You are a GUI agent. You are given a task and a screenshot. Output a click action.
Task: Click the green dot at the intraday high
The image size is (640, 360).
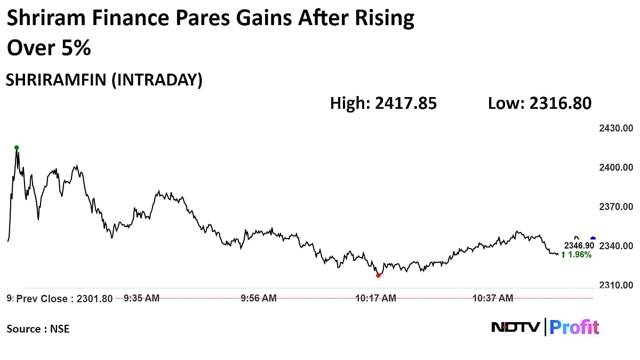click(x=17, y=148)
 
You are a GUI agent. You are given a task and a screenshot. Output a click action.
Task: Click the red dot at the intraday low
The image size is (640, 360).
click(x=378, y=275)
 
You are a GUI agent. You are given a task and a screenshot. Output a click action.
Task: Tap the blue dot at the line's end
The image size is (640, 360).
click(x=593, y=239)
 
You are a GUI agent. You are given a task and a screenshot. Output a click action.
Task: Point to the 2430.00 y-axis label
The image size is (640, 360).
click(x=616, y=129)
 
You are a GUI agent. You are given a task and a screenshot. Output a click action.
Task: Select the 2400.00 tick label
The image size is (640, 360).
click(x=616, y=167)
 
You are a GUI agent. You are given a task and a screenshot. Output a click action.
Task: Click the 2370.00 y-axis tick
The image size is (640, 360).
click(x=616, y=207)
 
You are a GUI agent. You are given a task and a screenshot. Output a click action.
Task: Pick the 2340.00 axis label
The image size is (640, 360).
click(x=616, y=246)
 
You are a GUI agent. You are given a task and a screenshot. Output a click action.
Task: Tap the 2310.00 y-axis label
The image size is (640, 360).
click(x=616, y=285)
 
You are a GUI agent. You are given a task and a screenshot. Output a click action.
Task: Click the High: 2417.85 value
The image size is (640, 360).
click(x=383, y=103)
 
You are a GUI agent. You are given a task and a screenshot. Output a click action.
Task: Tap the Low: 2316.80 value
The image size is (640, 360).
click(x=539, y=103)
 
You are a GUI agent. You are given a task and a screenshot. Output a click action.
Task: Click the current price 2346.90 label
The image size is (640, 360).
click(x=579, y=245)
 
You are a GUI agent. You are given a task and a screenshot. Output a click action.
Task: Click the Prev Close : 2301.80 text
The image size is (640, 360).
click(x=64, y=299)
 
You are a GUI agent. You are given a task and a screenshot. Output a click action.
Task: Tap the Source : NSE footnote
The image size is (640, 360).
click(x=38, y=329)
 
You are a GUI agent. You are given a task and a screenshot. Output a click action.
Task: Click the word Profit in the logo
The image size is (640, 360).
click(x=574, y=327)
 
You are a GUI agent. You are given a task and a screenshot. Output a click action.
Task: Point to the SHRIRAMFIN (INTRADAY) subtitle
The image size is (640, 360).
click(x=104, y=80)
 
